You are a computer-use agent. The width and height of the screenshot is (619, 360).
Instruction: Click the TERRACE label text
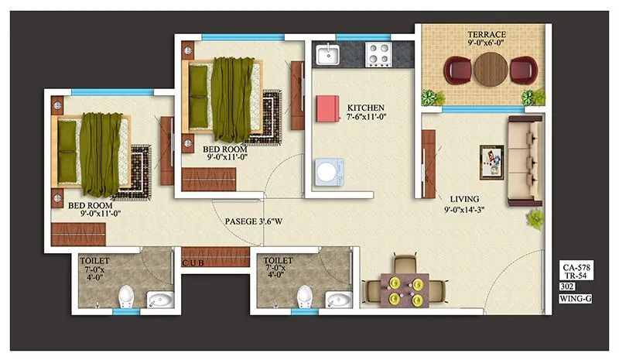(x=486, y=36)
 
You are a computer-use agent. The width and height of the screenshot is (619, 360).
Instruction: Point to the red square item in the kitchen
(x=328, y=108)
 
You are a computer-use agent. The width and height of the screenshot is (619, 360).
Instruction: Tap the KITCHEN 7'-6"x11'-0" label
(x=366, y=112)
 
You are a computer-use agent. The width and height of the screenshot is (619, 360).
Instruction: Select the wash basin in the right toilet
(x=338, y=299)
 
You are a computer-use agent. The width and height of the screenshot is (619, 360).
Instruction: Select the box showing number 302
(x=569, y=286)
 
